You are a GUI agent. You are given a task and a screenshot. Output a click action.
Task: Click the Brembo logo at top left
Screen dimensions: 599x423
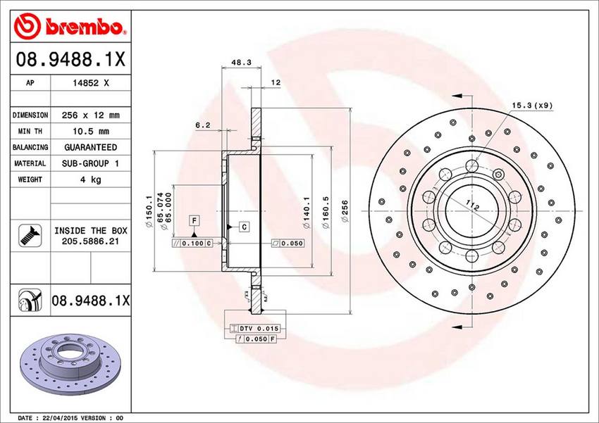pos(70,26)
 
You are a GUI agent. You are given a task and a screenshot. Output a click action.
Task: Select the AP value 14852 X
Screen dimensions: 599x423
pos(91,83)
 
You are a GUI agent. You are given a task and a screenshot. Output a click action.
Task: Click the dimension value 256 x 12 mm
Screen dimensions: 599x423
pos(90,115)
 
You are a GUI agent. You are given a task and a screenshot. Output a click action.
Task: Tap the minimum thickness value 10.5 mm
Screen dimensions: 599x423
pos(90,131)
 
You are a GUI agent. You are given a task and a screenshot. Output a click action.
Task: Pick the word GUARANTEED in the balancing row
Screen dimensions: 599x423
pos(90,147)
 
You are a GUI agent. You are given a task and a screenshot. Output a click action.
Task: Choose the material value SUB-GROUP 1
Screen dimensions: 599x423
pos(90,163)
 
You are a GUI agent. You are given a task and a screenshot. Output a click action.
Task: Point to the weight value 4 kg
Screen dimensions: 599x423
pos(90,179)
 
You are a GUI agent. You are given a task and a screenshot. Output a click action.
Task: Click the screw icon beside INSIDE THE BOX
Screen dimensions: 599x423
pos(30,235)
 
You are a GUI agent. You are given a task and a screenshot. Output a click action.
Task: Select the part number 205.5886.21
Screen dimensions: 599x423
pos(90,241)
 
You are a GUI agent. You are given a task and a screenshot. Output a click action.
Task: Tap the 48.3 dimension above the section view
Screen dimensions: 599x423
pos(242,63)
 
